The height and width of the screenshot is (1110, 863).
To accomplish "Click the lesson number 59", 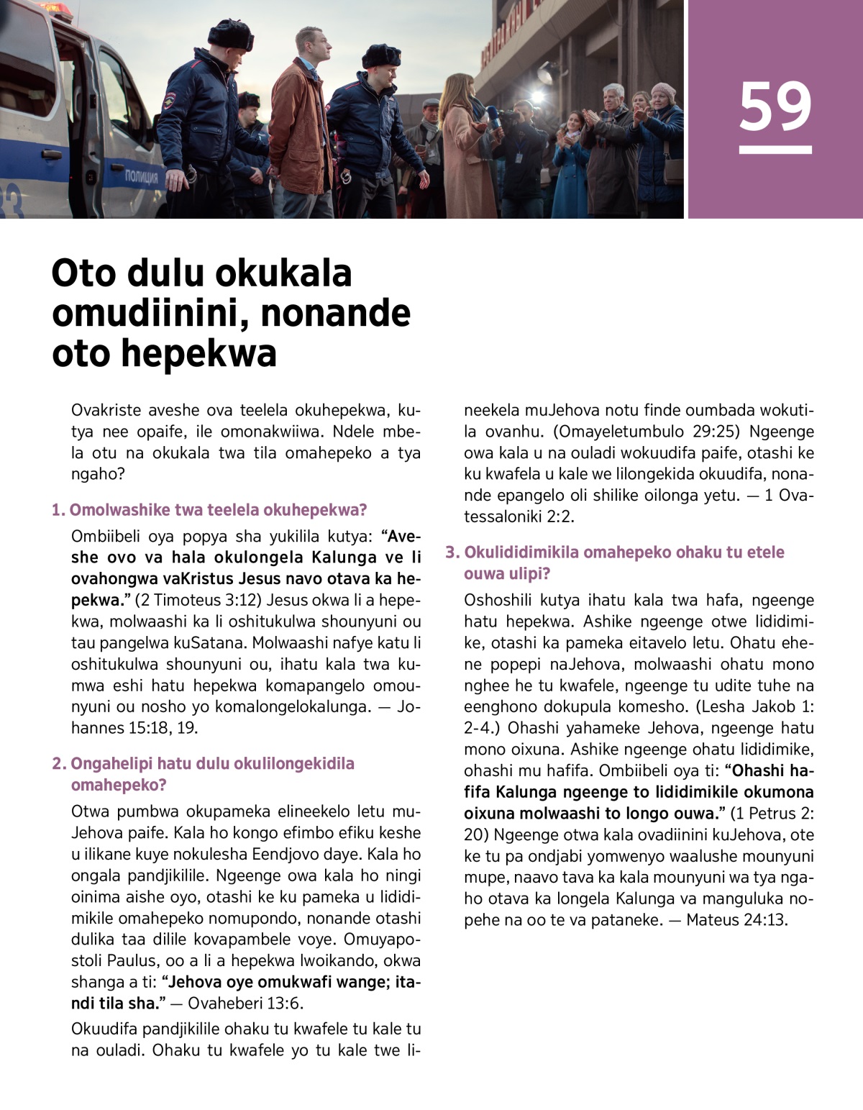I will (775, 107).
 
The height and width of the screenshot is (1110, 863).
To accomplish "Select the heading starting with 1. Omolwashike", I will (209, 510).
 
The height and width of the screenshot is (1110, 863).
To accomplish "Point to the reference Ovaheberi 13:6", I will (245, 1003).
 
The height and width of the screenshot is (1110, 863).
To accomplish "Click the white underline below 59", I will (775, 150).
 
